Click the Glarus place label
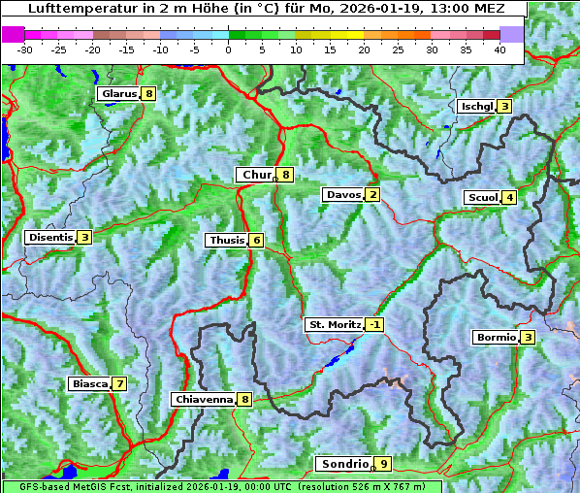(117, 94)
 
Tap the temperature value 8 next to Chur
(286, 175)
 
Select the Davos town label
(343, 195)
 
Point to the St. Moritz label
(334, 324)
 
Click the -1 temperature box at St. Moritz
(374, 324)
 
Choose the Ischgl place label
(476, 106)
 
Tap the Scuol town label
(482, 198)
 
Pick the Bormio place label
(495, 338)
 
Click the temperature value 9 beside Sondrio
(384, 464)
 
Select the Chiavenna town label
(204, 399)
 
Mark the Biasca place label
(90, 383)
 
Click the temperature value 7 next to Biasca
(118, 383)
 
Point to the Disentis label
(50, 237)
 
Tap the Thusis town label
(226, 240)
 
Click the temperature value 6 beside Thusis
(256, 240)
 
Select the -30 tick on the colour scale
(25, 49)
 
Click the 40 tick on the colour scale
(499, 49)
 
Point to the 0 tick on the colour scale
(229, 49)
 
